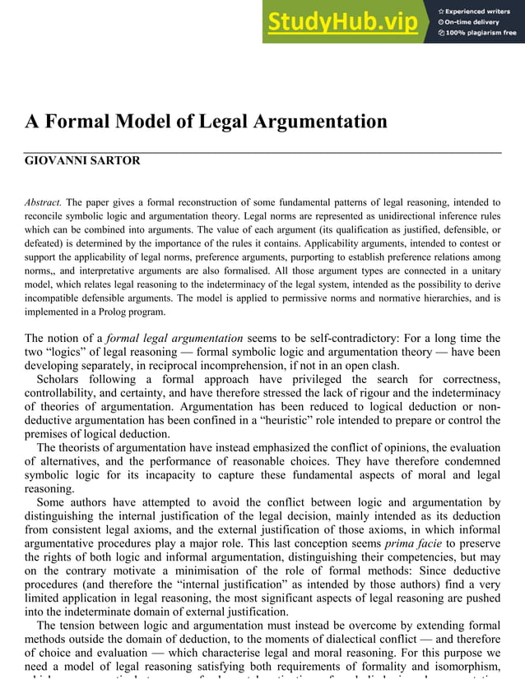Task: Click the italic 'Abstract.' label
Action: coord(43,202)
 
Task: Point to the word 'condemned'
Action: coord(472,462)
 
